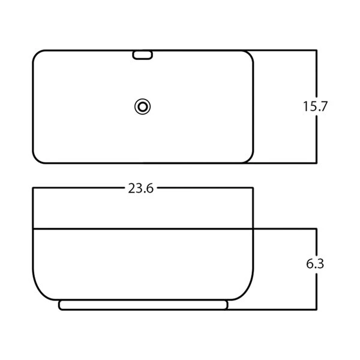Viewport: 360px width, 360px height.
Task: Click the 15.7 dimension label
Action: click(315, 106)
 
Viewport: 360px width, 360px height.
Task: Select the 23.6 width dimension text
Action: click(140, 188)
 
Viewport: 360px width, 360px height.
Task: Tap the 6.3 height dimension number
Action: click(315, 263)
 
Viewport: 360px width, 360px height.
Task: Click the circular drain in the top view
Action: click(142, 107)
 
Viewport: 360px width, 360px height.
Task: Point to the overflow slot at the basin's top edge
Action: click(142, 55)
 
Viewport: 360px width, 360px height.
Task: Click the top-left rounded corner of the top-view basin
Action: click(36, 54)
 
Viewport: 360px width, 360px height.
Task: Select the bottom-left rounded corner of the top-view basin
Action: click(36, 160)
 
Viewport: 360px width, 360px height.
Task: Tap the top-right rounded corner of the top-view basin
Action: click(250, 54)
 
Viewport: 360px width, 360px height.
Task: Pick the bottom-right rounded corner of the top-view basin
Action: click(250, 160)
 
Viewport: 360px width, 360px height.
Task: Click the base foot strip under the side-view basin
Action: click(143, 305)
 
